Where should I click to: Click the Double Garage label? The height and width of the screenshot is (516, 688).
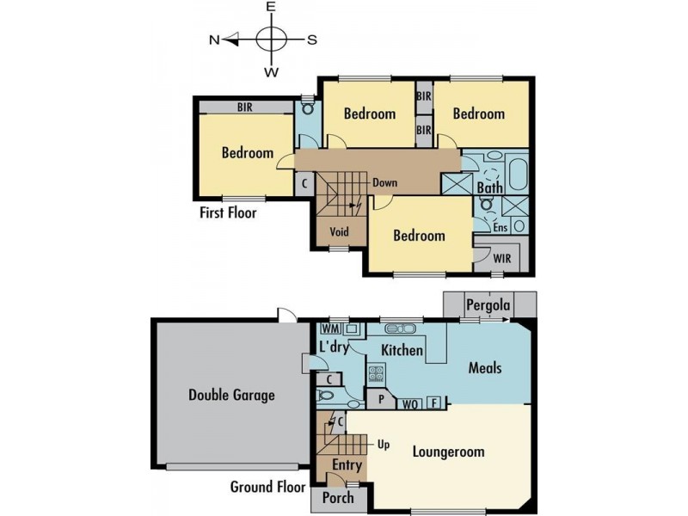pyautogui.click(x=231, y=396)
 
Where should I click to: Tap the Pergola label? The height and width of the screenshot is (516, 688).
pyautogui.click(x=488, y=305)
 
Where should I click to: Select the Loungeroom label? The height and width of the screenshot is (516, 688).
pyautogui.click(x=448, y=451)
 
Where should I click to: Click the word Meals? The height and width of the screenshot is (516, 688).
pyautogui.click(x=484, y=367)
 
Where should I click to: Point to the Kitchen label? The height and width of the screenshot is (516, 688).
pyautogui.click(x=402, y=350)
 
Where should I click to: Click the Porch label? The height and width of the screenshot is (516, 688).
pyautogui.click(x=337, y=498)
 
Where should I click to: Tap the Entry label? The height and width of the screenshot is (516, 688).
pyautogui.click(x=347, y=466)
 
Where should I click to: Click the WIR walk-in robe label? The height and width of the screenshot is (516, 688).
pyautogui.click(x=503, y=258)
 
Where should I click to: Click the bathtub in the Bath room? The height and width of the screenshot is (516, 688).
pyautogui.click(x=519, y=172)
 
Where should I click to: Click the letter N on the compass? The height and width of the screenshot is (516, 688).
pyautogui.click(x=214, y=40)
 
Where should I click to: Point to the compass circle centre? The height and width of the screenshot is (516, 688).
pyautogui.click(x=271, y=40)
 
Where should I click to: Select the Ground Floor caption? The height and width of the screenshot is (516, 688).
pyautogui.click(x=267, y=487)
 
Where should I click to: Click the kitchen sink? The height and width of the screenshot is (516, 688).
pyautogui.click(x=402, y=329)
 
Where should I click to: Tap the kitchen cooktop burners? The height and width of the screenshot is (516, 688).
pyautogui.click(x=376, y=373)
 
